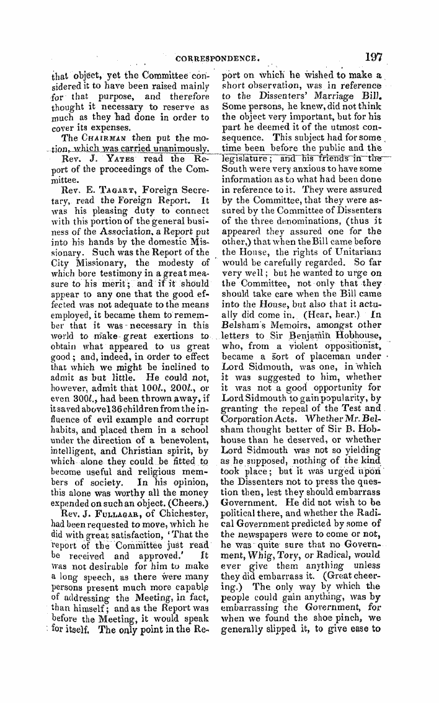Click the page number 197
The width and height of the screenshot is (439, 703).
[x=373, y=56]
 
